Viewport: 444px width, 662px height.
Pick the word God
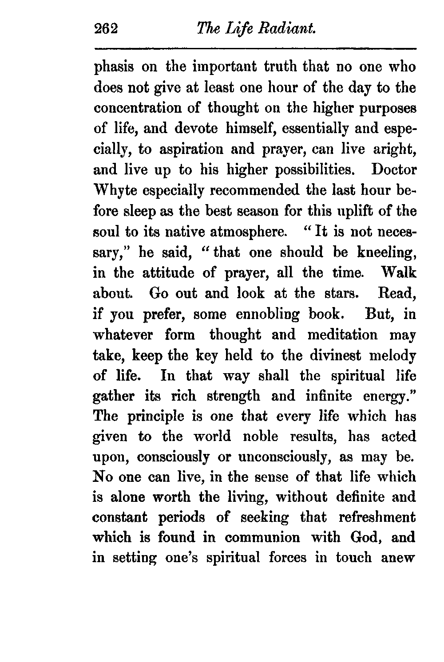[x=363, y=538]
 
